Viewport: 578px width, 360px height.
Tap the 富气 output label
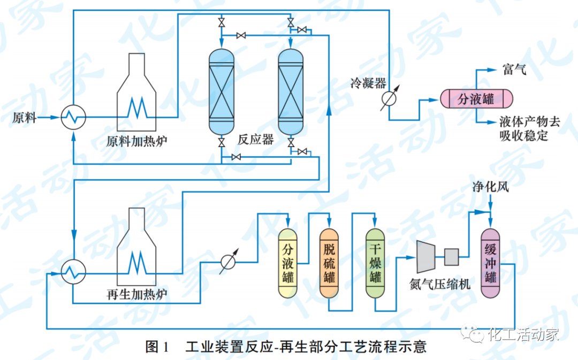(514, 69)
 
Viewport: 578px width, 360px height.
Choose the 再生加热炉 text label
(137, 295)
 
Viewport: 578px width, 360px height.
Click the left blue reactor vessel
(221, 91)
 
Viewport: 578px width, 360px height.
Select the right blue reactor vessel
(291, 91)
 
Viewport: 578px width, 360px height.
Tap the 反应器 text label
(256, 140)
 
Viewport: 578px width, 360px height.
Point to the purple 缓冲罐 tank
(490, 263)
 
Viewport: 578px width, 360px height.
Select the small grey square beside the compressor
(451, 257)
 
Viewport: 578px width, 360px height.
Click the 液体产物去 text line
(529, 121)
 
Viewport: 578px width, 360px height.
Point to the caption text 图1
(157, 347)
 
